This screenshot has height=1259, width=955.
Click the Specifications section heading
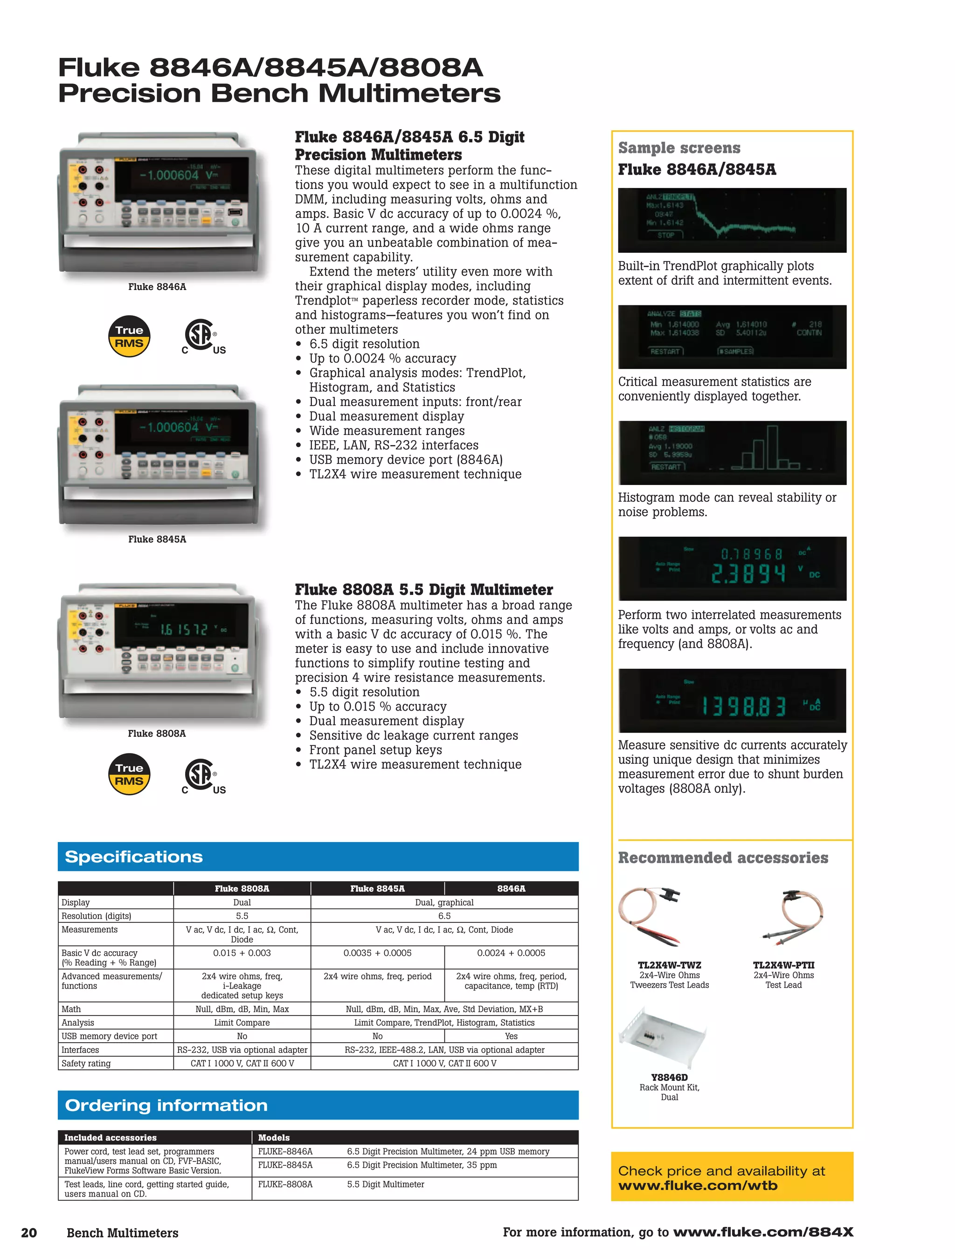tap(134, 857)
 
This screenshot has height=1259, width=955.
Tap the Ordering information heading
tap(166, 1105)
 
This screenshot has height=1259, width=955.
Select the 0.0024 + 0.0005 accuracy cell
tap(511, 953)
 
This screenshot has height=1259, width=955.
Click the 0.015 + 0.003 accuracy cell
tap(242, 953)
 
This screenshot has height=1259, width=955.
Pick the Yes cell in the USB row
tap(511, 1036)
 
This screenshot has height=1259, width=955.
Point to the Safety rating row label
tap(86, 1063)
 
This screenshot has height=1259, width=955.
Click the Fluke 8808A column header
tap(242, 888)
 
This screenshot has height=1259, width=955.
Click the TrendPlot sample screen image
tap(732, 220)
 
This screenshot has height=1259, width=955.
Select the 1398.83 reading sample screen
tap(732, 701)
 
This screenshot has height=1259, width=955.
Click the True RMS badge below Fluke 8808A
tap(129, 774)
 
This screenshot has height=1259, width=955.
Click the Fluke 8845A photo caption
tap(157, 539)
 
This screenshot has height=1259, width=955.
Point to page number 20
tap(28, 1233)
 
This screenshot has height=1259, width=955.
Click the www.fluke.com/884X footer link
tap(762, 1232)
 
